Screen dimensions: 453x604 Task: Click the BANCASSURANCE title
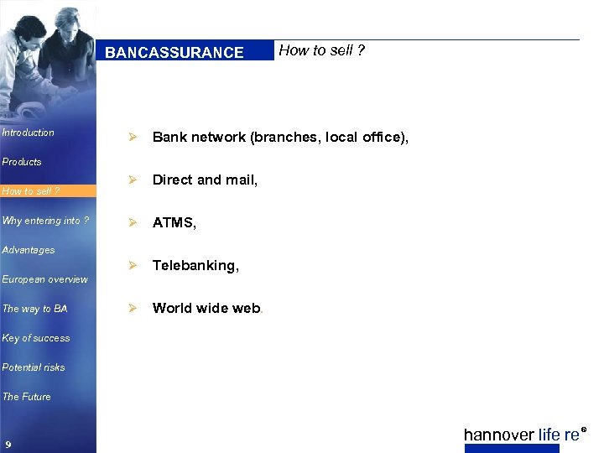click(174, 52)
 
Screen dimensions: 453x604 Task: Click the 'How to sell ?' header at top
click(321, 50)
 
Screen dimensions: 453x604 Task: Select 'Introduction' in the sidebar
click(29, 133)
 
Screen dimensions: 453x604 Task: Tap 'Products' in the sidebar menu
click(22, 162)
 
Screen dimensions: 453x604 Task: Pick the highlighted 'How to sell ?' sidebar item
click(31, 191)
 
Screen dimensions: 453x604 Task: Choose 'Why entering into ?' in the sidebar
click(46, 221)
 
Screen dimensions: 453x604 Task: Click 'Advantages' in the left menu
click(29, 250)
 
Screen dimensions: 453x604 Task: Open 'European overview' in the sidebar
click(45, 279)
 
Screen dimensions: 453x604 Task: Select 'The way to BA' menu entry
click(35, 309)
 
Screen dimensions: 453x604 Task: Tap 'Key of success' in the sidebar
click(36, 338)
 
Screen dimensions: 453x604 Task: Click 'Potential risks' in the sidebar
click(34, 367)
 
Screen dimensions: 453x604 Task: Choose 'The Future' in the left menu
click(27, 397)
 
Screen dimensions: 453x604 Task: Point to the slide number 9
click(8, 444)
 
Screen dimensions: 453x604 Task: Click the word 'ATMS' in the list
click(174, 222)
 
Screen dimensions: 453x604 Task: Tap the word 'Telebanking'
click(195, 265)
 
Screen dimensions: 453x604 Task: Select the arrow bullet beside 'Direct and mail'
click(130, 180)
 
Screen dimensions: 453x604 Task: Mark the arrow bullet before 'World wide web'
click(130, 308)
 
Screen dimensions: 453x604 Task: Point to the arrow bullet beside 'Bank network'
click(130, 137)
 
